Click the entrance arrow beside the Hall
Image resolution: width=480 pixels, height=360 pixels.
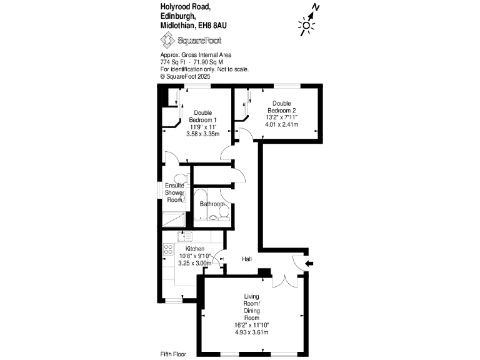click(309, 263)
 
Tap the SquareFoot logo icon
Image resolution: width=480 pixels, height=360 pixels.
click(167, 41)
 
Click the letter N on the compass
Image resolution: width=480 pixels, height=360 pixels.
click(316, 7)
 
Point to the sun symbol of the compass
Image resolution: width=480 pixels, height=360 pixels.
click(306, 26)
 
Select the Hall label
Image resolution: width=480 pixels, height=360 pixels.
click(247, 259)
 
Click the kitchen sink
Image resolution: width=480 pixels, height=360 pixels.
click(185, 236)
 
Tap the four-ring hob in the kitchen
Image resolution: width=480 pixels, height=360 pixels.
click(168, 249)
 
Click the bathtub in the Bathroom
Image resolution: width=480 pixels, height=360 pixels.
click(201, 204)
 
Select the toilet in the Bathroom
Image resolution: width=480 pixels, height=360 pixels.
click(224, 212)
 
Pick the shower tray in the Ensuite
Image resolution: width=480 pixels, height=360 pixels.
click(174, 219)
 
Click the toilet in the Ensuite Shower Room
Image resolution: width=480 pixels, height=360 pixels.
click(181, 179)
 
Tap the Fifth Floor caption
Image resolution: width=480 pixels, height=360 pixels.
click(173, 354)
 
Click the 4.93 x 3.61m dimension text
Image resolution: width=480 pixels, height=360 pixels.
click(252, 332)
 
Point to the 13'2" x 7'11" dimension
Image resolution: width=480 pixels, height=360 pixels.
click(282, 117)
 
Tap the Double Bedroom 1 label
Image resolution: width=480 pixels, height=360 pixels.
click(202, 116)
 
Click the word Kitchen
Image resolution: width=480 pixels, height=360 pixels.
click(195, 249)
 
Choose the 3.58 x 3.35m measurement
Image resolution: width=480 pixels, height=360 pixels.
click(202, 134)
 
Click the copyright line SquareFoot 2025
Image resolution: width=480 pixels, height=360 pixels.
click(185, 76)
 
